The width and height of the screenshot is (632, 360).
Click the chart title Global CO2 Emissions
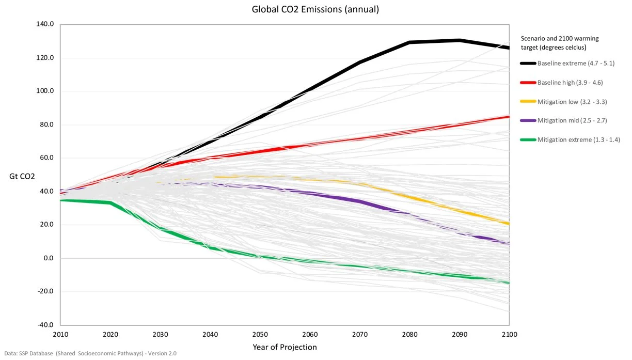(315, 9)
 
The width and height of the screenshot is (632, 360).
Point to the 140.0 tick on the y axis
(45, 24)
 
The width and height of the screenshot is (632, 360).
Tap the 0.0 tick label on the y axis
(48, 258)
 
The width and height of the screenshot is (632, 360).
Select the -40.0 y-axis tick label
(45, 325)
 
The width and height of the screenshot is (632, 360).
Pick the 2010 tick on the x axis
(60, 335)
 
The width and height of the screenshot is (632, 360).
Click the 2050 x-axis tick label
(260, 335)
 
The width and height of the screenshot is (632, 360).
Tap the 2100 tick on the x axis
(509, 335)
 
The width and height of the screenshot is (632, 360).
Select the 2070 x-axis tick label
(360, 335)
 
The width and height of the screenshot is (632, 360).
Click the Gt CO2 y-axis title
(22, 177)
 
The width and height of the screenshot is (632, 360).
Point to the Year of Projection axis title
(285, 347)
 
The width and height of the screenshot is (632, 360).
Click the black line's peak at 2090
(459, 40)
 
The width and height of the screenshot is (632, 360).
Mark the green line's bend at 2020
(110, 203)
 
